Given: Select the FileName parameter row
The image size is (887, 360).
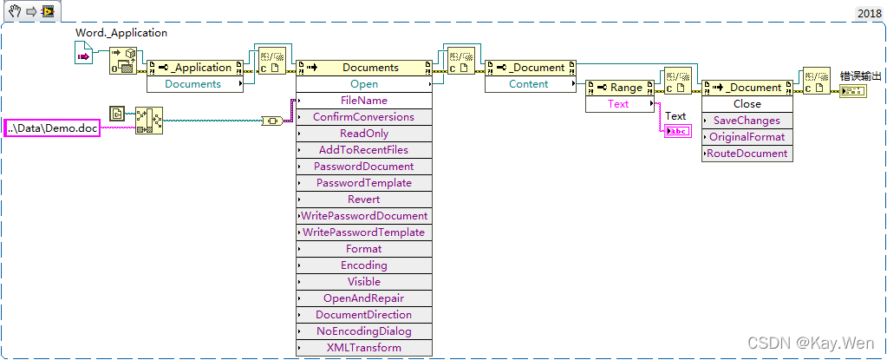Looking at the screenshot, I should tap(364, 101).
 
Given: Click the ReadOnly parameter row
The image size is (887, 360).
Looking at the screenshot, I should tap(364, 134).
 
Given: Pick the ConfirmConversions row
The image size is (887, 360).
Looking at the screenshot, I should tap(364, 117).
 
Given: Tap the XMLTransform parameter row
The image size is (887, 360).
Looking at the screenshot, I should tap(364, 348).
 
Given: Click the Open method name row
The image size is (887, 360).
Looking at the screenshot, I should tap(364, 84).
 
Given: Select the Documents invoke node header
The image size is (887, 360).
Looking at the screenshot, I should tap(364, 68).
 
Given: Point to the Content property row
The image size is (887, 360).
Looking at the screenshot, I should tap(529, 84).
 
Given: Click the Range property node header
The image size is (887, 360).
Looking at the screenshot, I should tap(619, 88).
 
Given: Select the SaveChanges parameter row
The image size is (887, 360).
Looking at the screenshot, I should tap(747, 121).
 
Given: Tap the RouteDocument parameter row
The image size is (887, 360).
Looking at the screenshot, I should tap(747, 154).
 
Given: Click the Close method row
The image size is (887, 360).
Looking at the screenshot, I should tap(747, 104).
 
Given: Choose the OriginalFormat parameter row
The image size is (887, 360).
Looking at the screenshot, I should tap(747, 137).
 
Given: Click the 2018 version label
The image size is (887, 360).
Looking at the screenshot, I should tap(870, 13).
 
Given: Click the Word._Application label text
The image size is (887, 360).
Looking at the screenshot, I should tap(121, 33).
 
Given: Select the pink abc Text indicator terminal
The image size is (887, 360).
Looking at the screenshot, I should tap(675, 131).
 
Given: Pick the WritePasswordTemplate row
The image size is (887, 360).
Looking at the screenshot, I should tap(364, 232).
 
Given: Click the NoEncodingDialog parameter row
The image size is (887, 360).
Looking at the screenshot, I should tap(364, 331).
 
